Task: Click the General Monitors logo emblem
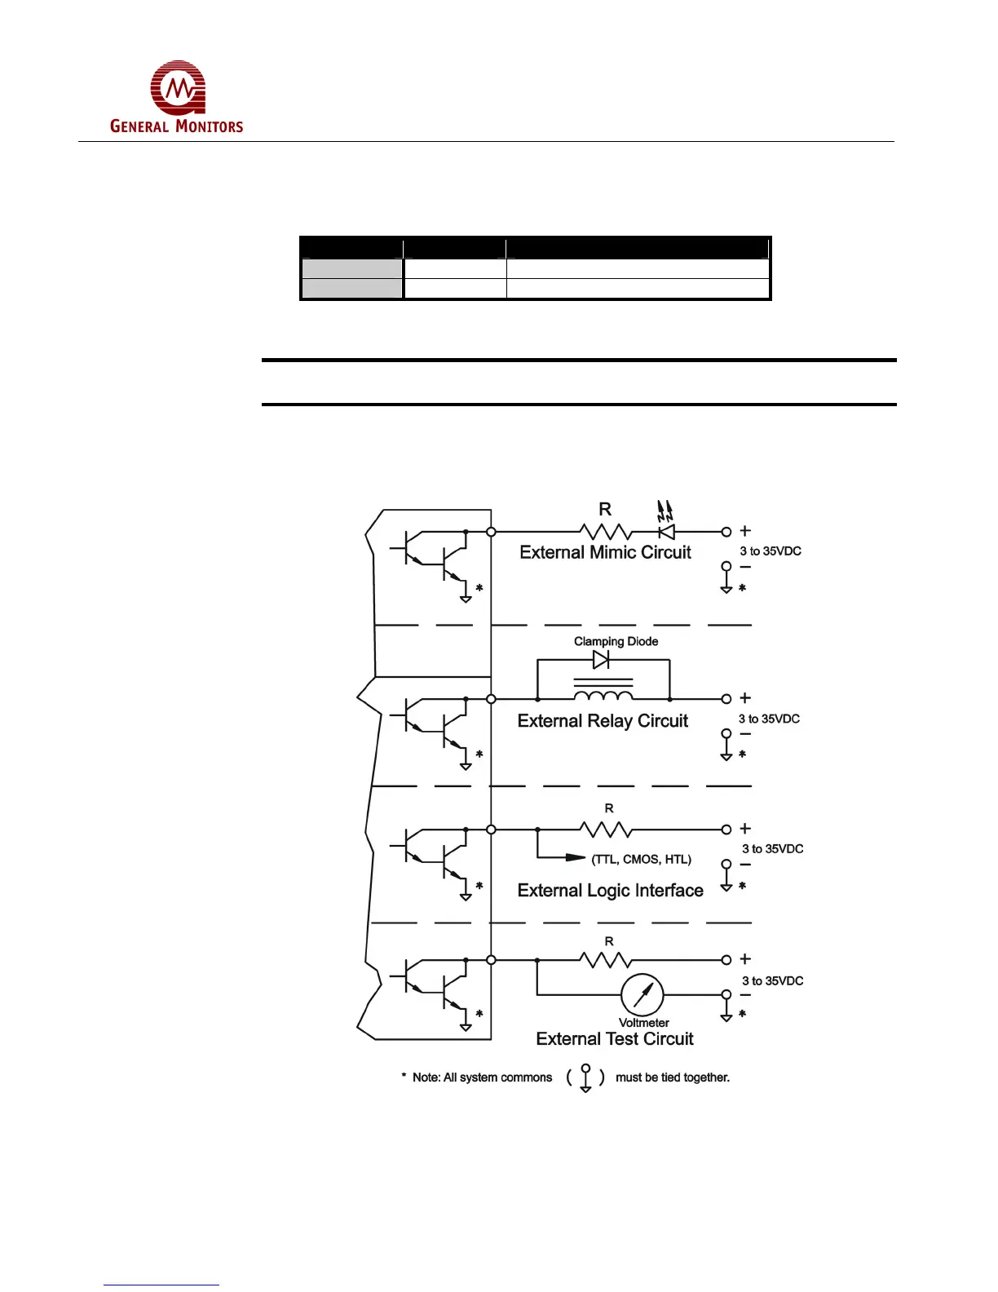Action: point(178,87)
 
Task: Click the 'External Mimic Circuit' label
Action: point(605,552)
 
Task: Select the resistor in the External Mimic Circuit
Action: point(605,532)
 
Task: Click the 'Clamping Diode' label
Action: point(616,641)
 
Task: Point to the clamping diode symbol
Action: point(601,659)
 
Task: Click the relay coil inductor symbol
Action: point(603,695)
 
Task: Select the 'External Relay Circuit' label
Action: point(603,721)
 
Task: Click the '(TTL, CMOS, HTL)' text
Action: point(642,859)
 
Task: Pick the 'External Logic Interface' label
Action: point(610,891)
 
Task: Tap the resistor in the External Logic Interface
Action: point(605,830)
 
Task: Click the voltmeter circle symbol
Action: point(643,994)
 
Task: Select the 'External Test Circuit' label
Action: point(615,1039)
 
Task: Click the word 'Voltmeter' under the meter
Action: point(643,1023)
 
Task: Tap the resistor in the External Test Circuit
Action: point(605,960)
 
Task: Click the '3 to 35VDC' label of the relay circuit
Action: point(769,719)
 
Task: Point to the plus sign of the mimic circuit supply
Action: point(745,531)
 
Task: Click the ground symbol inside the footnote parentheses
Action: point(585,1078)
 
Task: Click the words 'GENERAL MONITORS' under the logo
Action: point(176,126)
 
